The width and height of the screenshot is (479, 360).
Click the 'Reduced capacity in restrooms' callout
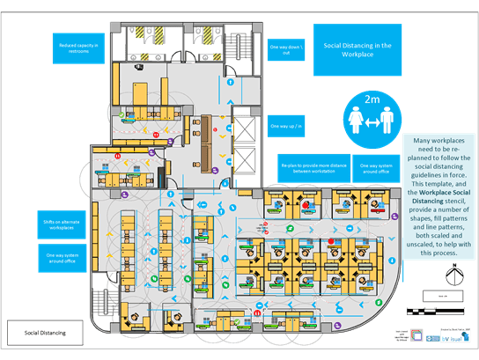point(78,49)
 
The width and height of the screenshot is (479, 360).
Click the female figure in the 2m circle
point(355,121)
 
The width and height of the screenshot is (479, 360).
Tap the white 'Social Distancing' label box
point(44,333)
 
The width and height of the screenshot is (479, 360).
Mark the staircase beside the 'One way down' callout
point(233,44)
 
